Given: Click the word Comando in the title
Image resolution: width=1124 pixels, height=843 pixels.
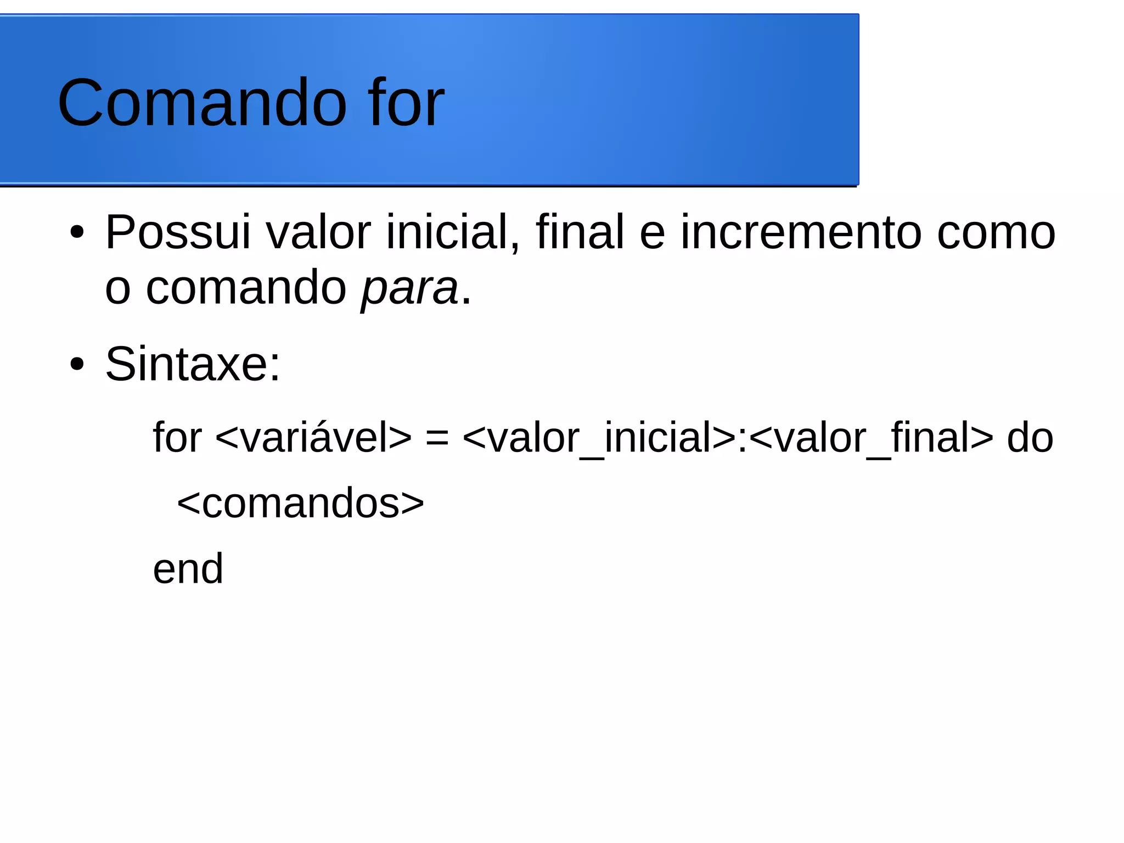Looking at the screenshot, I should (202, 103).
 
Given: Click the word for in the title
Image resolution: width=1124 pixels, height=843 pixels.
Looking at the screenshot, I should (406, 103).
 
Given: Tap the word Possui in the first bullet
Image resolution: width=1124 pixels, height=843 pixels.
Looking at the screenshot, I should (178, 232).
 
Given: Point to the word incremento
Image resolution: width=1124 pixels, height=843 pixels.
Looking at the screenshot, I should (801, 232).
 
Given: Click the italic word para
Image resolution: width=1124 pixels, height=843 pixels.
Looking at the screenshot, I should (409, 288).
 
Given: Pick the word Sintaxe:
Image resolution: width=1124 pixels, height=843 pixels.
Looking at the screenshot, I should (193, 364).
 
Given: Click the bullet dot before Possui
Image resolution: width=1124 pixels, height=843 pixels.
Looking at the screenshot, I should (77, 232).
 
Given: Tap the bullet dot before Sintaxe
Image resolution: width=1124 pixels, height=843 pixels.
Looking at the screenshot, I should (77, 364).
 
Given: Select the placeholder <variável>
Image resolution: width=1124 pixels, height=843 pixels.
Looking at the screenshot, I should (313, 438).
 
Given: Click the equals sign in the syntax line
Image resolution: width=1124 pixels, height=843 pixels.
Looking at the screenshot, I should (437, 438).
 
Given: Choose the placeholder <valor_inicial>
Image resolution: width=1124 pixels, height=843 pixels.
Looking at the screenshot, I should (599, 438).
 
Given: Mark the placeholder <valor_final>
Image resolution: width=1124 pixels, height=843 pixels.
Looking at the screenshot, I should (871, 438).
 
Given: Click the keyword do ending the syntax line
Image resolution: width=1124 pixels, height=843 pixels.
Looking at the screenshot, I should (1030, 438).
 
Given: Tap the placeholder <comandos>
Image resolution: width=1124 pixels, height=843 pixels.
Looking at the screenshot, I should (300, 503).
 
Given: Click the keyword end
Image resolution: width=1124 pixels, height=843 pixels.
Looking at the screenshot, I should (188, 569).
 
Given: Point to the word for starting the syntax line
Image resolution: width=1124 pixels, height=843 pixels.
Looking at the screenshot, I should (177, 438).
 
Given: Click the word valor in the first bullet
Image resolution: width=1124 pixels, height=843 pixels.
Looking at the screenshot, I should (318, 232).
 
